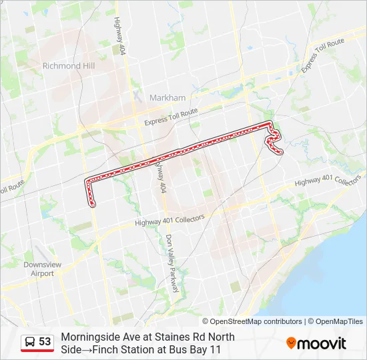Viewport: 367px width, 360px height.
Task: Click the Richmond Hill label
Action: coord(68,66)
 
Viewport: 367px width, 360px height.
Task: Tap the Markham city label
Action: coord(167,97)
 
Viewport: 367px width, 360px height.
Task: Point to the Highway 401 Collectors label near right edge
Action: coord(328,181)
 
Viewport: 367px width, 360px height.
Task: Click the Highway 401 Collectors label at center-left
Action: coord(169,221)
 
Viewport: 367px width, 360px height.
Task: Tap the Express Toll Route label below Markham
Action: coord(171,118)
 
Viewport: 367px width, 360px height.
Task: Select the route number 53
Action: coord(45,342)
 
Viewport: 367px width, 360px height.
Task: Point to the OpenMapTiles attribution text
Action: coord(337,321)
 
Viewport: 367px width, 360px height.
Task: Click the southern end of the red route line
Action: coord(92,205)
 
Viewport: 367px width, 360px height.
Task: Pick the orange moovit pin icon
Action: coord(291,343)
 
